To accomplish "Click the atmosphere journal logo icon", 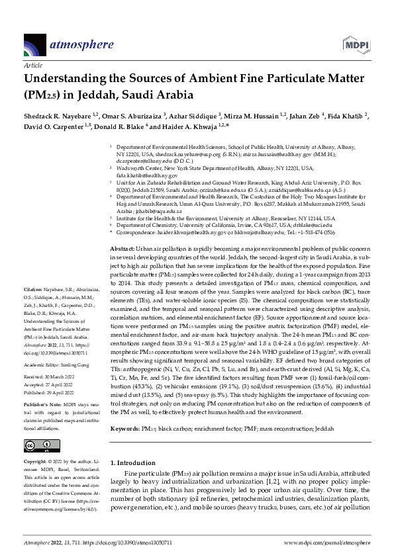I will (35, 44).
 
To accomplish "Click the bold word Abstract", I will (121, 246).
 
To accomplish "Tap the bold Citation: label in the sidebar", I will (33, 308).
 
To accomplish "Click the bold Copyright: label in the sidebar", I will (36, 460).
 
